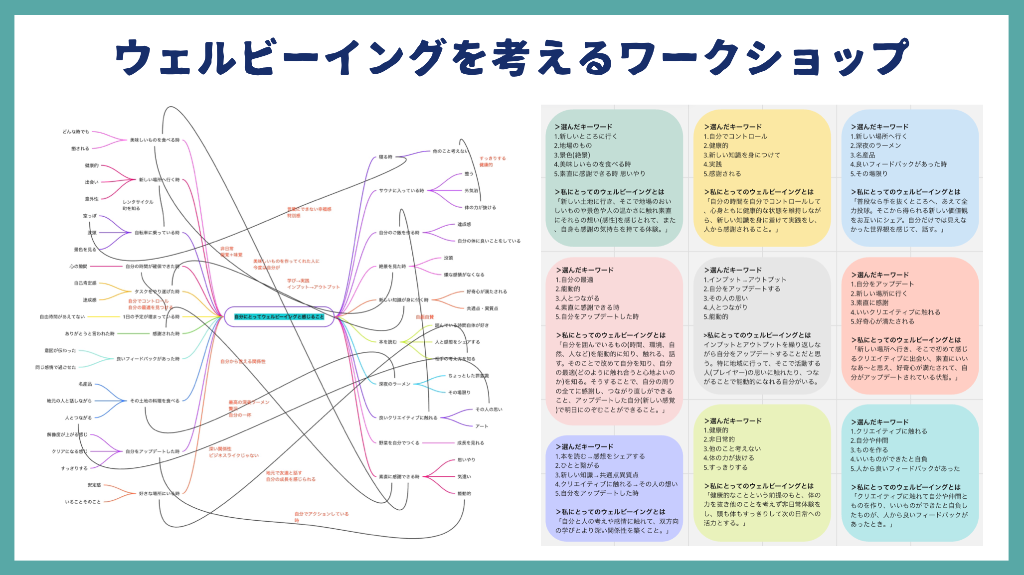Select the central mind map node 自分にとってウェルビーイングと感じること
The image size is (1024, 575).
point(279,317)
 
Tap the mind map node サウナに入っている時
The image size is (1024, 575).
point(401,191)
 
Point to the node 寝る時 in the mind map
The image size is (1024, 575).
point(385,157)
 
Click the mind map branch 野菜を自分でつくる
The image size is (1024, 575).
point(399,443)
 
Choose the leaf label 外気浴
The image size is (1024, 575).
point(471,191)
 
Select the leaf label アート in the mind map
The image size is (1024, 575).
point(482,427)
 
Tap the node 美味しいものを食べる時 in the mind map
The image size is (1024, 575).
point(155,141)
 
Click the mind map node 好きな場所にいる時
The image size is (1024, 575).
point(159,494)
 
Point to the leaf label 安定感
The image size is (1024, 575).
point(94,485)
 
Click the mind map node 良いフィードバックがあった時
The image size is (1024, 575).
point(148,359)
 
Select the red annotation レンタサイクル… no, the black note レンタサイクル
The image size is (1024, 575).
point(138,202)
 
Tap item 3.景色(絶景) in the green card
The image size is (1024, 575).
point(572,155)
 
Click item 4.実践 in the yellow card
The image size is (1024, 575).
point(712,164)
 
